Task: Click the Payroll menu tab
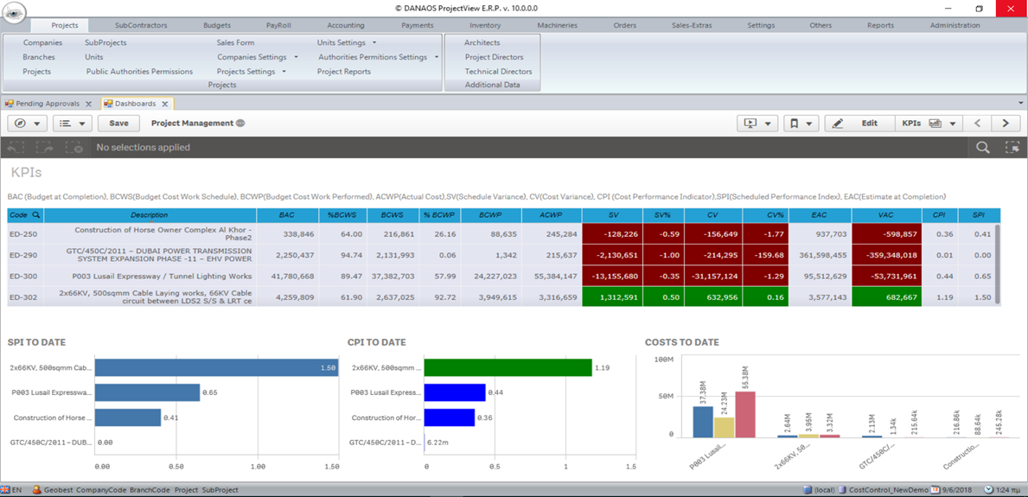click(278, 25)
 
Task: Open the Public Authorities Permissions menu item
click(139, 72)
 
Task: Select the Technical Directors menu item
click(498, 72)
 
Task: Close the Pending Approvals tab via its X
click(88, 104)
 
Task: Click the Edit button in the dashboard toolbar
click(859, 124)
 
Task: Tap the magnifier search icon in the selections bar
click(983, 148)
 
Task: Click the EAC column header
click(819, 215)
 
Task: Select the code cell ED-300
click(22, 276)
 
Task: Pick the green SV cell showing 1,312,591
click(612, 296)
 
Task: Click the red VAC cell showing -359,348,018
click(885, 255)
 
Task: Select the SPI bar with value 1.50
click(216, 368)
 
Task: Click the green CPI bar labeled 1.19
click(508, 368)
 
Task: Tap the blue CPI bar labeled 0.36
click(449, 418)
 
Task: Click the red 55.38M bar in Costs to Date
click(744, 415)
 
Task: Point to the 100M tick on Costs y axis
click(663, 359)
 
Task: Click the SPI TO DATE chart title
click(36, 342)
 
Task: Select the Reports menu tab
click(880, 25)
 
